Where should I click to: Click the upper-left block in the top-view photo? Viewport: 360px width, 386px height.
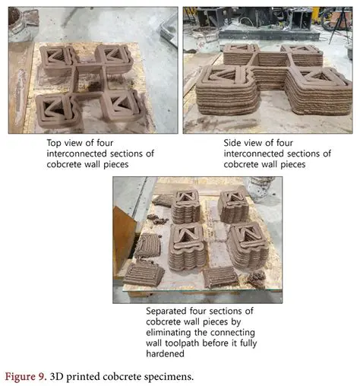pos(58,57)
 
